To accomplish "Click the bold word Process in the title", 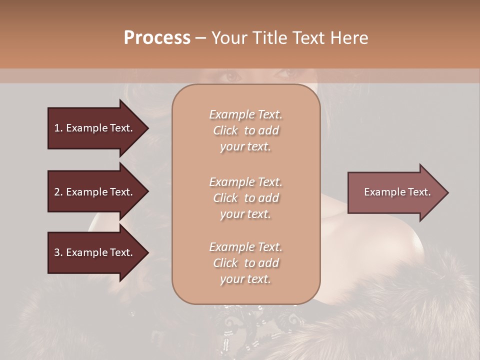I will tap(157, 37).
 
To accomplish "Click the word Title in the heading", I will tap(269, 37).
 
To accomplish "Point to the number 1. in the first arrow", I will tap(58, 128).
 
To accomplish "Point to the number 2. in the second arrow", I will tap(58, 192).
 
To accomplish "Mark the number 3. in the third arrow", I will tap(58, 252).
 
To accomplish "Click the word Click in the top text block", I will tap(225, 130).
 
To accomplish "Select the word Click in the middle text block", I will tap(225, 198).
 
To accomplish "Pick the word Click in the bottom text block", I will tap(225, 263).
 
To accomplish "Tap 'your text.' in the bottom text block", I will tap(245, 279).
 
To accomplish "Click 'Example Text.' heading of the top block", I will tap(245, 114).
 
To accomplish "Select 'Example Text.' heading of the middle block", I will tap(245, 181).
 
